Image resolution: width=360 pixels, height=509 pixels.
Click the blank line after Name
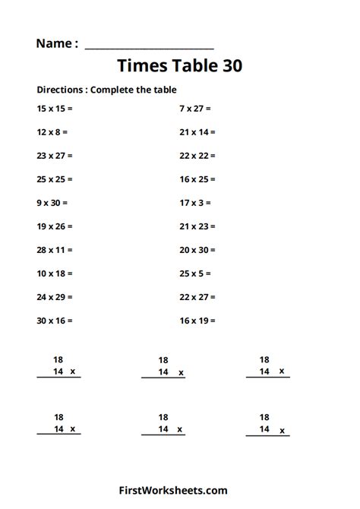(149, 46)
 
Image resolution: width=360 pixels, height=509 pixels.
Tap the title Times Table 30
(180, 66)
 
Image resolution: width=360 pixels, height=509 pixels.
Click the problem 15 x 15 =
(55, 109)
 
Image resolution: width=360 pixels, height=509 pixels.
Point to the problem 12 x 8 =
(52, 132)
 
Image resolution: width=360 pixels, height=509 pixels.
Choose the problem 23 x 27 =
(55, 156)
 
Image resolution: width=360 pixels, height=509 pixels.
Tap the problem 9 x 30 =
(52, 203)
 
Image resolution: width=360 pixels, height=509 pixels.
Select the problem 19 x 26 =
(55, 226)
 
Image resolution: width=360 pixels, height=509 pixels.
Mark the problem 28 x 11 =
(55, 250)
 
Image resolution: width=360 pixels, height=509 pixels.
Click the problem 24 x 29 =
(55, 297)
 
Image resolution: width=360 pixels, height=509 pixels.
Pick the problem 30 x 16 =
(55, 321)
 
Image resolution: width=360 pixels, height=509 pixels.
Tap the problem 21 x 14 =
(197, 132)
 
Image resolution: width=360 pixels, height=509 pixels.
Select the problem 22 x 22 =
(197, 156)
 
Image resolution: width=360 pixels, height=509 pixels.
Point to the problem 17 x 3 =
(195, 203)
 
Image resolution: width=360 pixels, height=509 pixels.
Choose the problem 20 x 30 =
(197, 250)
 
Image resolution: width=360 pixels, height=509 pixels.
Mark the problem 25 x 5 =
(195, 273)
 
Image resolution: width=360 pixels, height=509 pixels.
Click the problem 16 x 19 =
(197, 321)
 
